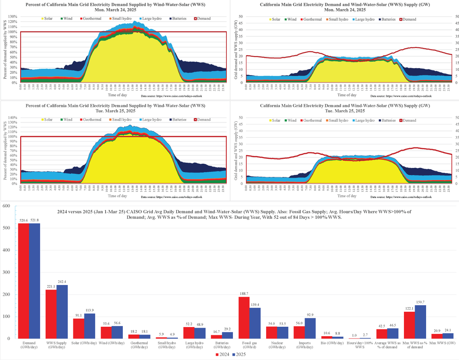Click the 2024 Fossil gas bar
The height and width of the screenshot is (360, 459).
click(244, 318)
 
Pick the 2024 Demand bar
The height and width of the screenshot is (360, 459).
click(23, 281)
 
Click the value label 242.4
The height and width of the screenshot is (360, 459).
click(62, 282)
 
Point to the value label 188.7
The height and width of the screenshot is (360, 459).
click(244, 294)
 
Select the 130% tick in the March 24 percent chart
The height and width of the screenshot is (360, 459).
click(11, 16)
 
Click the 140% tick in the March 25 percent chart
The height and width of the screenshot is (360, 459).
click(11, 117)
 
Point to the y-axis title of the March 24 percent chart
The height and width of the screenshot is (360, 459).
click(5, 50)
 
